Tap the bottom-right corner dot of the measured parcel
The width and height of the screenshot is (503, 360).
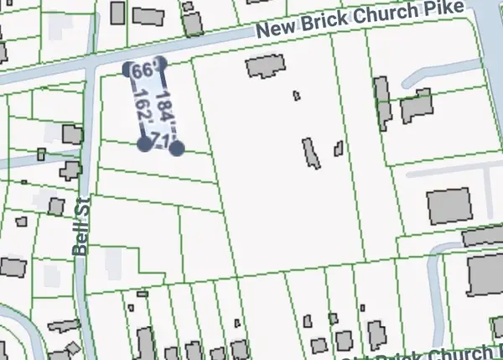(x=176, y=149)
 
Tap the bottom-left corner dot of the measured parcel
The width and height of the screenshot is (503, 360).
(x=144, y=144)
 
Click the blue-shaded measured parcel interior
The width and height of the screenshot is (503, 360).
(x=153, y=105)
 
